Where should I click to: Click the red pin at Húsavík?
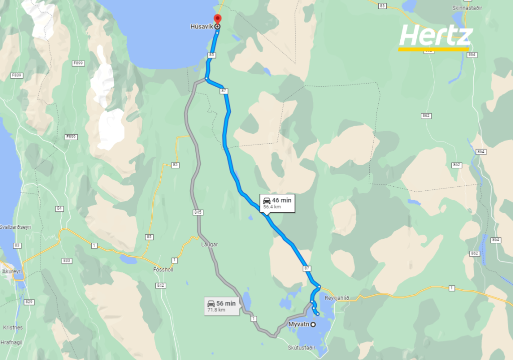point(217,20)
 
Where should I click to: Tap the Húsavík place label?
point(202,27)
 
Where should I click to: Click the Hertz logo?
point(435,37)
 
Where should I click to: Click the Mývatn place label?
point(299,325)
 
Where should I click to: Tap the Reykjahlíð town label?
point(337,298)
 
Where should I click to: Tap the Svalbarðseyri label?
point(16,227)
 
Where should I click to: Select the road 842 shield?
point(160,285)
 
